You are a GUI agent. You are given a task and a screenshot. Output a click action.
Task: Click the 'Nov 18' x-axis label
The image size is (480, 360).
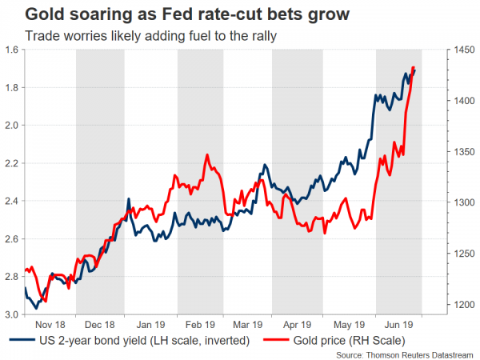(x=50, y=326)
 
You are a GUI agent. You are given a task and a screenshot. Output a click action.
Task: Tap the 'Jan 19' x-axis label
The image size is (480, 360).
(x=150, y=326)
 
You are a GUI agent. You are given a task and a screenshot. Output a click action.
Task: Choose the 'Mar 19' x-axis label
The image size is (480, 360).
(x=248, y=326)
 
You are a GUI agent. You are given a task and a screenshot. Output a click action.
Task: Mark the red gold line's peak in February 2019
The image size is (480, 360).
(x=207, y=153)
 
